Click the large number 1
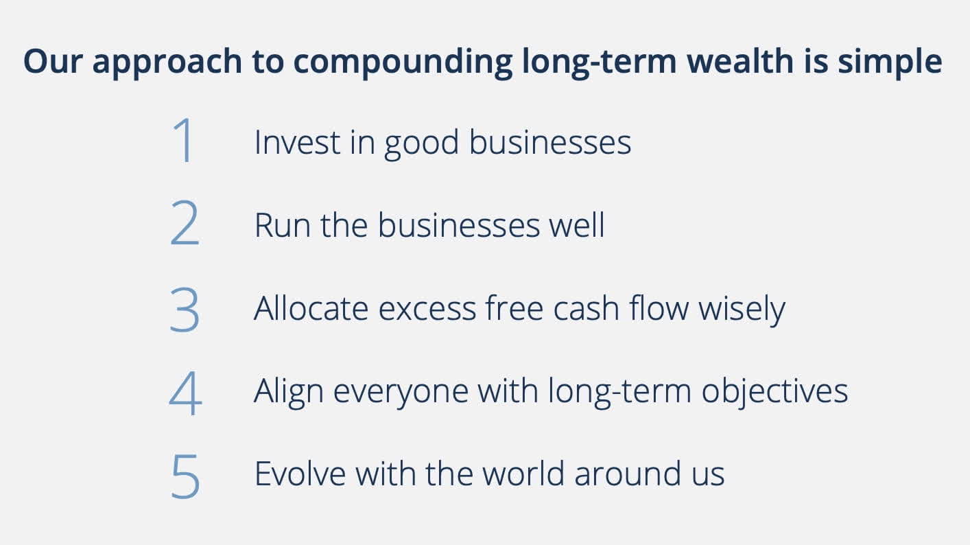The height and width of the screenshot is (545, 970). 184,141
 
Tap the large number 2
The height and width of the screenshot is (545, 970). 184,224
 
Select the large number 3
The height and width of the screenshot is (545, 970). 184,308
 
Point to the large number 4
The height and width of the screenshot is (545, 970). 185,393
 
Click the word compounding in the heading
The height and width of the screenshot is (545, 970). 403,62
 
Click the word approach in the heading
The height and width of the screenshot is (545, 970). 167,62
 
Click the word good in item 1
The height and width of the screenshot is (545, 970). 421,144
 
